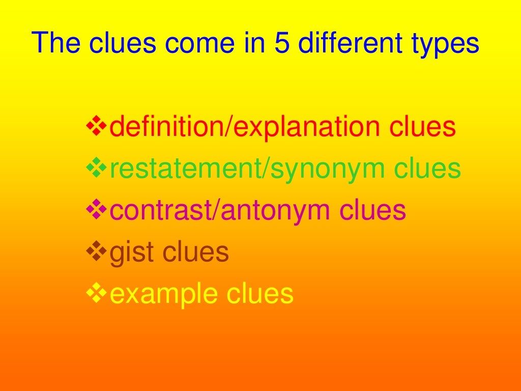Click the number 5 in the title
click(x=281, y=44)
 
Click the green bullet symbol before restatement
click(x=96, y=168)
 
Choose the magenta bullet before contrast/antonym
click(x=96, y=210)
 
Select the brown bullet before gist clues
click(x=96, y=252)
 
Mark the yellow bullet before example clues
click(x=96, y=293)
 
